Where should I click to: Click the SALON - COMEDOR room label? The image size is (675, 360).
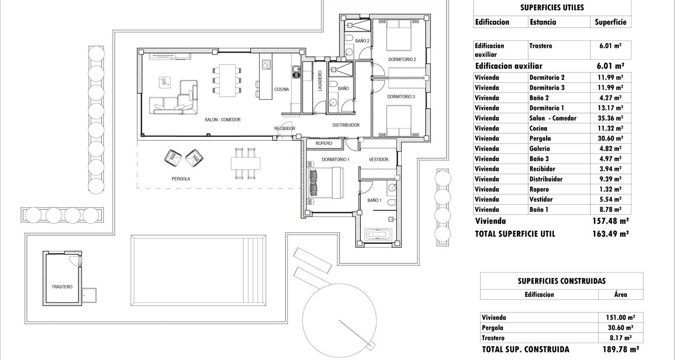[x=223, y=120]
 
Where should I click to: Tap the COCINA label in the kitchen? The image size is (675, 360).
[x=282, y=89]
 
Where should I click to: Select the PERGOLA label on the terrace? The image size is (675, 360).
[x=181, y=179]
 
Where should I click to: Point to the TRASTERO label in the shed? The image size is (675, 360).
[x=62, y=287]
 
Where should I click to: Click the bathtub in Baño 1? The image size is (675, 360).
[x=378, y=234]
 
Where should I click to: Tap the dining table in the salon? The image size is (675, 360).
[x=227, y=80]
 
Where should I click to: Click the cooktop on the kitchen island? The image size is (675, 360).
[x=266, y=64]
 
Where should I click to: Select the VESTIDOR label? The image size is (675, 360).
[x=379, y=160]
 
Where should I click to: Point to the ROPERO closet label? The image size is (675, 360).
[x=324, y=143]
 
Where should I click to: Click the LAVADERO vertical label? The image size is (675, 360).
[x=320, y=81]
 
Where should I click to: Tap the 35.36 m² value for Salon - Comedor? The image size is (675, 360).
[x=610, y=118]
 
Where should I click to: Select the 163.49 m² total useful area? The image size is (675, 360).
[x=610, y=234]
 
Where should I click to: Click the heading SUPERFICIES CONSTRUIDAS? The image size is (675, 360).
[x=561, y=281]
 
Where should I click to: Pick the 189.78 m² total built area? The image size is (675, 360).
[x=620, y=349]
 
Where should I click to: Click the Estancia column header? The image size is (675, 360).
[x=543, y=22]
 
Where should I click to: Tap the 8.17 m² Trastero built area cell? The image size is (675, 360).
[x=621, y=338]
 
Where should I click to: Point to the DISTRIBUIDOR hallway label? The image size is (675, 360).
[x=346, y=125]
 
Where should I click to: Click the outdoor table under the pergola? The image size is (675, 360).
[x=246, y=163]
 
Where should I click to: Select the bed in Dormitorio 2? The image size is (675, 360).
[x=399, y=35]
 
